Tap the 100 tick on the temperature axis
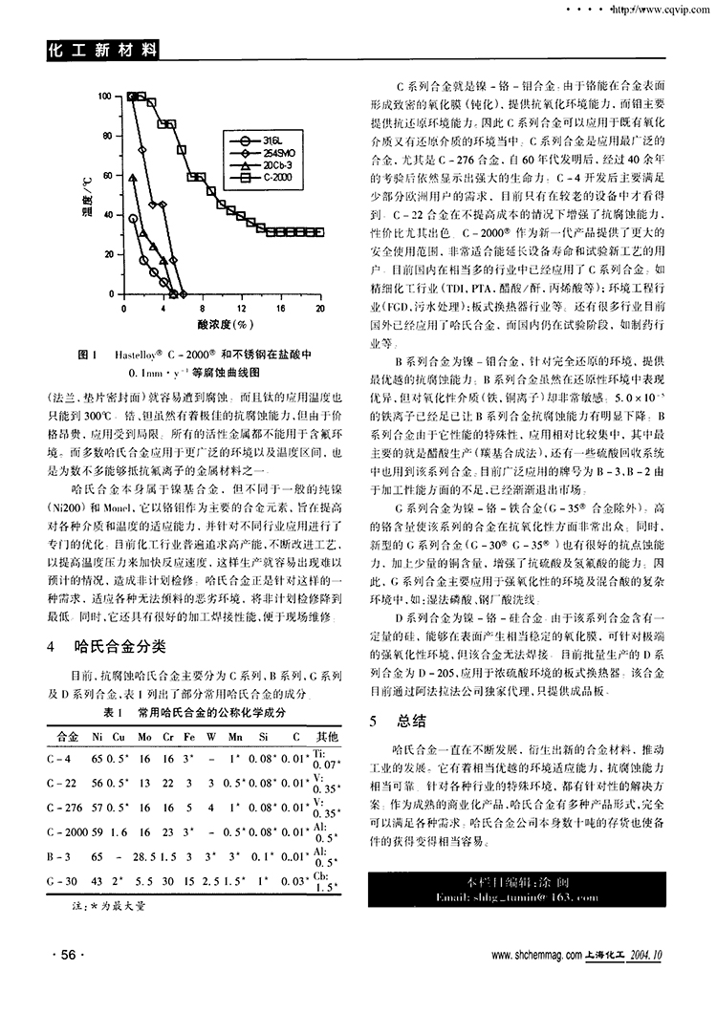coord(104,97)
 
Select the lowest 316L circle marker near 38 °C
coord(133,219)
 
